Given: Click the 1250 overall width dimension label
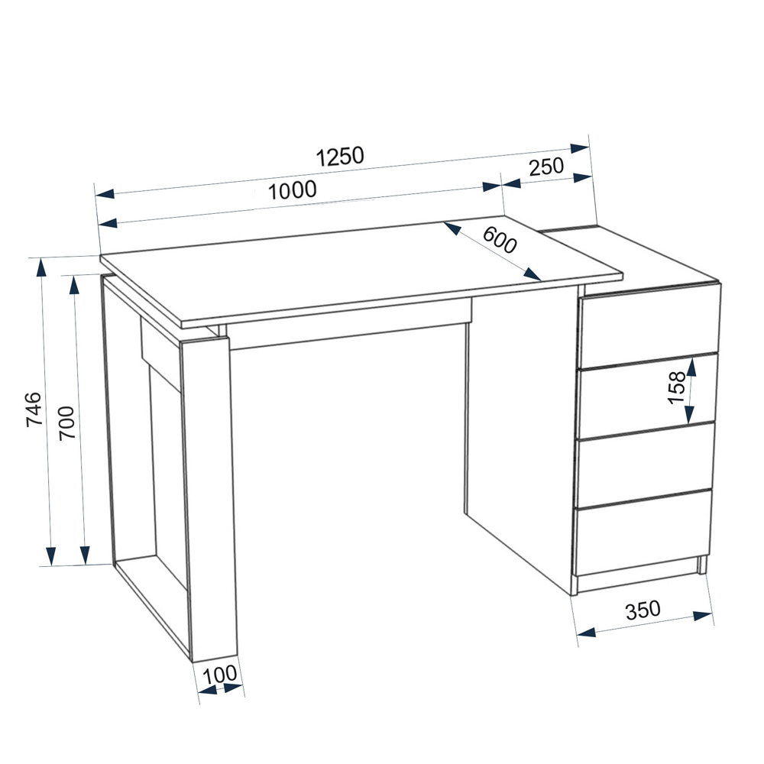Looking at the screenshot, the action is [x=340, y=157].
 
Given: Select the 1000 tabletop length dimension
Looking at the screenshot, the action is [x=293, y=190].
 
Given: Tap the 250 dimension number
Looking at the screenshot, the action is [x=546, y=167].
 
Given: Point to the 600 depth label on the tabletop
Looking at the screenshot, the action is [x=500, y=240].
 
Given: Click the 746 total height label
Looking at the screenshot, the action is [x=34, y=410].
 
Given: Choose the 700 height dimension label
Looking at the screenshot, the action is [x=66, y=423].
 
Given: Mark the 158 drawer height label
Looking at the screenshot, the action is [x=676, y=388].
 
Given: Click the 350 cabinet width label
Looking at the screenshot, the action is [x=643, y=610].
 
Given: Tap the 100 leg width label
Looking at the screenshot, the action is [x=219, y=675].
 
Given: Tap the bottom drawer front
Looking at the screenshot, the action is [x=643, y=533].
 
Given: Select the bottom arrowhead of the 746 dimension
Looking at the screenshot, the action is [x=50, y=555].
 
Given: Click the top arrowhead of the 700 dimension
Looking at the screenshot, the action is [x=74, y=285].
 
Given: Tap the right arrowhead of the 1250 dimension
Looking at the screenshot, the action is [x=580, y=148].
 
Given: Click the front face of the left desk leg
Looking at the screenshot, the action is [x=209, y=498].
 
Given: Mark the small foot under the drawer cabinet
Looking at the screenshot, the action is [x=701, y=565].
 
